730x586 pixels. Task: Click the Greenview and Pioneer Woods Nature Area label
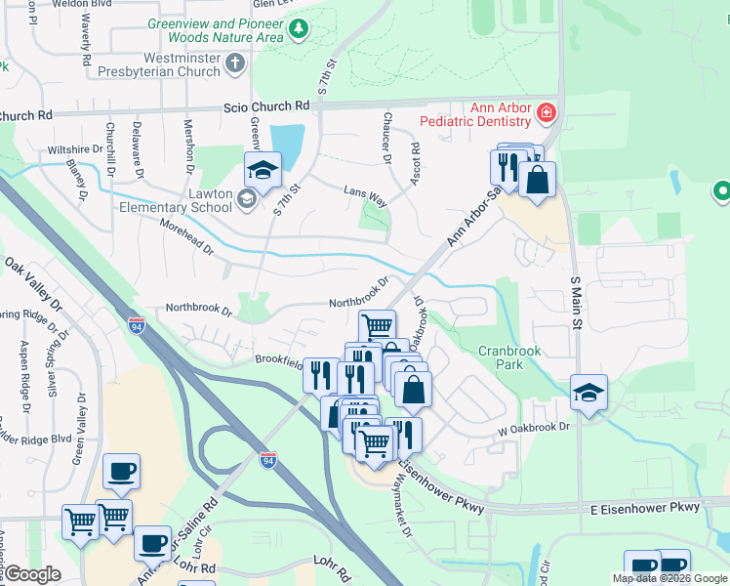[x=215, y=31]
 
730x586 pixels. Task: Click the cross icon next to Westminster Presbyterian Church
[x=234, y=64]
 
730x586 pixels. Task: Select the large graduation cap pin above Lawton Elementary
[x=263, y=171]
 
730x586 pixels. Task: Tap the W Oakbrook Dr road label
[x=534, y=427]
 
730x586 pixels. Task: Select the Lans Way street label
[x=365, y=195]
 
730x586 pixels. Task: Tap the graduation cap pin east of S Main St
[x=588, y=394]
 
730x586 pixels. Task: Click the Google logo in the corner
[x=33, y=574]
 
